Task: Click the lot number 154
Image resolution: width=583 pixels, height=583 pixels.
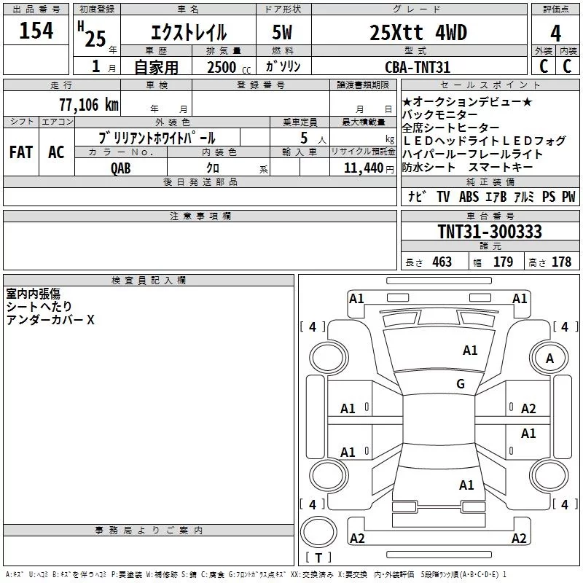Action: point(36,31)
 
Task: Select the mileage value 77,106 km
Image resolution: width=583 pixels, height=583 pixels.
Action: point(89,104)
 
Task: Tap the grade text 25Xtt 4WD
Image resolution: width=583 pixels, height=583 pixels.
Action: point(418,32)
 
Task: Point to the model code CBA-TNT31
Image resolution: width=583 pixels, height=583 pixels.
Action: point(418,67)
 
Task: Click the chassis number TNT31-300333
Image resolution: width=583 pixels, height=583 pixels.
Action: point(490,231)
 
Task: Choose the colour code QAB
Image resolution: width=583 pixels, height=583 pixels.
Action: point(120,168)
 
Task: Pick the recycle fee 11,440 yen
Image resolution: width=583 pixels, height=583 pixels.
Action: point(369,168)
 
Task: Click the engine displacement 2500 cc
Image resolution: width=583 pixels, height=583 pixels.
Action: point(229,67)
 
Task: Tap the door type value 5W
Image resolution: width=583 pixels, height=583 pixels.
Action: point(282,32)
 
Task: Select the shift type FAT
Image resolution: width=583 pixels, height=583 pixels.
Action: point(21,152)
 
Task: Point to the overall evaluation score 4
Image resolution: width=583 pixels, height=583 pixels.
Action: point(555,34)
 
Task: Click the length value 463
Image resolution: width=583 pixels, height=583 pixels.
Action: point(442,262)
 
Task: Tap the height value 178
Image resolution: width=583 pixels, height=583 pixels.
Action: point(561,262)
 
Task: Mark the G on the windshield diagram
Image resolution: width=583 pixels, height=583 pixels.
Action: point(461,383)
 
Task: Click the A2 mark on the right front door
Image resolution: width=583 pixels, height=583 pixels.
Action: point(528,409)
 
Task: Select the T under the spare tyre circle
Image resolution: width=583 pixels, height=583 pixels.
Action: point(318,557)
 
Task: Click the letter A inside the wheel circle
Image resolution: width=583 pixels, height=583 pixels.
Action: point(549,359)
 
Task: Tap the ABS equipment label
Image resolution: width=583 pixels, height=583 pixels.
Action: point(469,196)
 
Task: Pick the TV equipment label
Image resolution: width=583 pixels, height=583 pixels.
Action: point(443,196)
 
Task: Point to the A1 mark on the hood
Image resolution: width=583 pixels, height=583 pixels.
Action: point(470,351)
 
